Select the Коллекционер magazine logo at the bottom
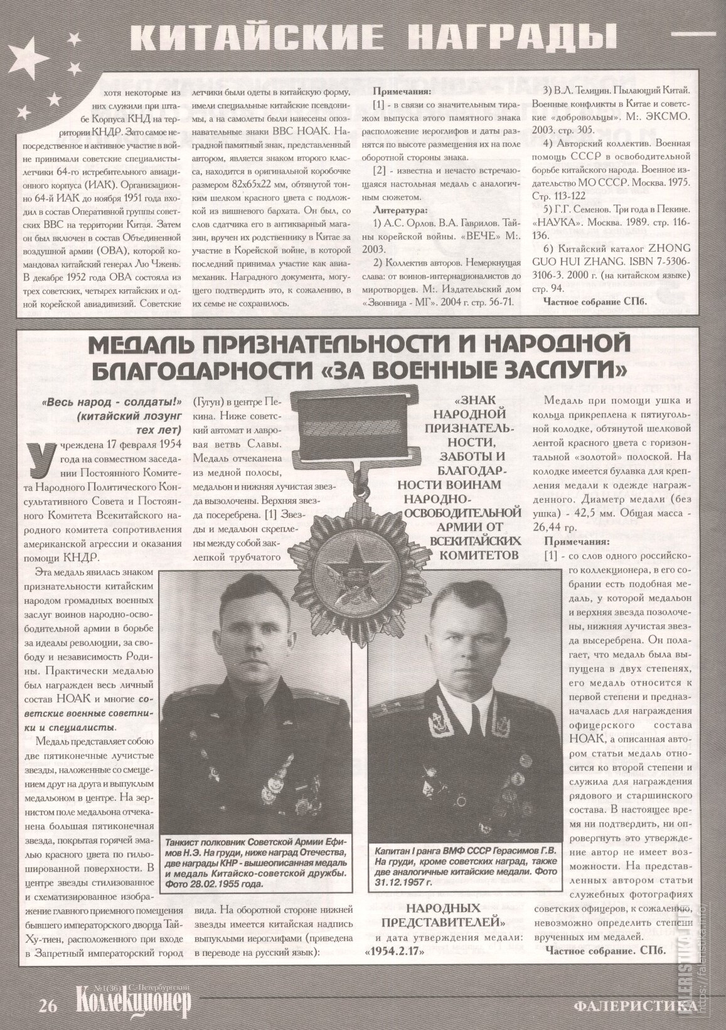[x=132, y=1003]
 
